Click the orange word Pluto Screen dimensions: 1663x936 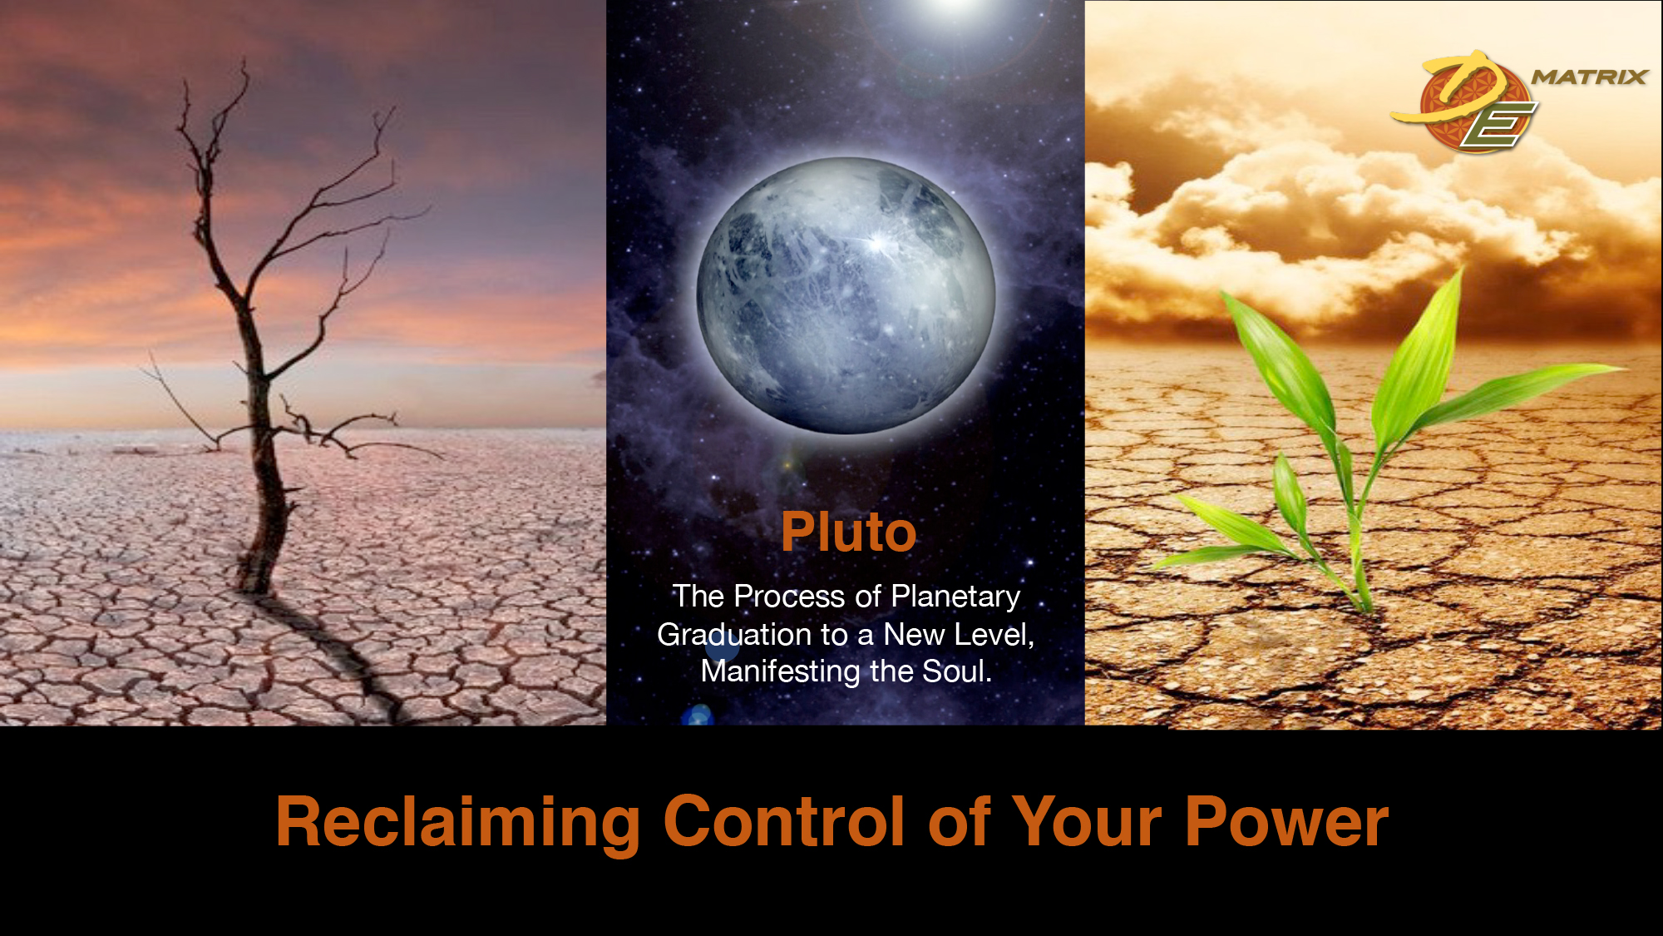point(848,532)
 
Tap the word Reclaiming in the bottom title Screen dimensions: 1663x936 point(457,823)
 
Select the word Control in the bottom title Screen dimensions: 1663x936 point(784,821)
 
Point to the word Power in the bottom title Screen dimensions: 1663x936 point(1286,822)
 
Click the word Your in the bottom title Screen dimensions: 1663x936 point(1088,821)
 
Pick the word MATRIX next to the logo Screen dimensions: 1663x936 point(1589,77)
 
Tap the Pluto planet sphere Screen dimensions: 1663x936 point(846,295)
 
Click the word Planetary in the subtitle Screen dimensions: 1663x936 point(955,597)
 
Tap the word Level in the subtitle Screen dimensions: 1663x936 point(994,635)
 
